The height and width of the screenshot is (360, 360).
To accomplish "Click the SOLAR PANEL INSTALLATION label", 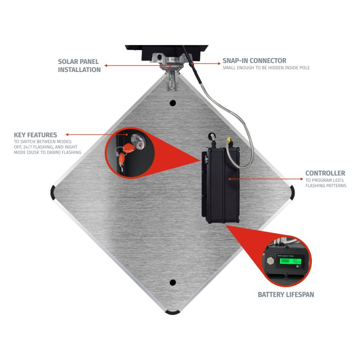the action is pyautogui.click(x=79, y=66).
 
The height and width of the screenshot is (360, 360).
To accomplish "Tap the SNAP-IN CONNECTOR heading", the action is pyautogui.click(x=254, y=61).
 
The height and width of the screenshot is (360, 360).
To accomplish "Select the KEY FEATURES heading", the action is pyautogui.click(x=36, y=135).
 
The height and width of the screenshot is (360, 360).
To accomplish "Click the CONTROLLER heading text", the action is pyautogui.click(x=325, y=173).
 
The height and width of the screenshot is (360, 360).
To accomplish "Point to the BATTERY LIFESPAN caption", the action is pyautogui.click(x=286, y=295).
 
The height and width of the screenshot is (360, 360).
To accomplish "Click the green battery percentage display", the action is pyautogui.click(x=290, y=261).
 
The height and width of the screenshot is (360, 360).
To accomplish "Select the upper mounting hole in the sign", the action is pyautogui.click(x=173, y=103).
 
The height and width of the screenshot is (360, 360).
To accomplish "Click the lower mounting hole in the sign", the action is pyautogui.click(x=173, y=283).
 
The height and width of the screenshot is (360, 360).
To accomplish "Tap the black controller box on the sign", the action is pyautogui.click(x=220, y=185).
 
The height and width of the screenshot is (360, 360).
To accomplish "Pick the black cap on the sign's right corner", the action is pyautogui.click(x=292, y=193).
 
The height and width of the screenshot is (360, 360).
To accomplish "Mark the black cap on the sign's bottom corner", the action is pyautogui.click(x=173, y=312).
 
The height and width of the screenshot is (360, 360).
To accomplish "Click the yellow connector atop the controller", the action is pyautogui.click(x=229, y=139).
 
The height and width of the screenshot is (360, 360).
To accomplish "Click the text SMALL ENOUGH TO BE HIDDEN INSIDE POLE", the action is pyautogui.click(x=266, y=68).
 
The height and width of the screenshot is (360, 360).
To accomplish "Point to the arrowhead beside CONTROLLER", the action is pyautogui.click(x=301, y=179).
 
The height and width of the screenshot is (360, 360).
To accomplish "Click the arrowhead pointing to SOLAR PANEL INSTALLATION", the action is pyautogui.click(x=106, y=65).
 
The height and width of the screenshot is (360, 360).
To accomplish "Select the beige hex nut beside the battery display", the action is pyautogui.click(x=271, y=261).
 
